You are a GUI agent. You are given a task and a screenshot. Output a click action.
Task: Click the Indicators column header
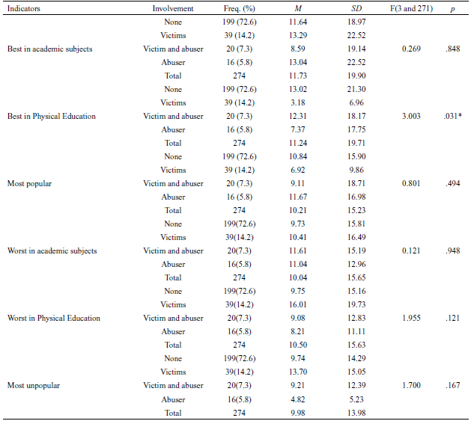pyautogui.click(x=24, y=8)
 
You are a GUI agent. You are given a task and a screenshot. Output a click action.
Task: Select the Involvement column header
pyautogui.click(x=173, y=8)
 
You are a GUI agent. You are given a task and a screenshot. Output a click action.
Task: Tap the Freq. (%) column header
pyautogui.click(x=243, y=8)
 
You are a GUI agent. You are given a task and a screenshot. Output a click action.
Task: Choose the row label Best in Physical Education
pyautogui.click(x=52, y=116)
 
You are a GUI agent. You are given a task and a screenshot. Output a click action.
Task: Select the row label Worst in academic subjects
pyautogui.click(x=52, y=251)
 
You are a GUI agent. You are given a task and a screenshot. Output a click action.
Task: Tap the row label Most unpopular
pyautogui.click(x=34, y=385)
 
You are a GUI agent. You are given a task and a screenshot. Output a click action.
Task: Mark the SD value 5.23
pyautogui.click(x=346, y=399)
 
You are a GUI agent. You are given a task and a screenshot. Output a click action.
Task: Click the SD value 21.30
pyautogui.click(x=346, y=89)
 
